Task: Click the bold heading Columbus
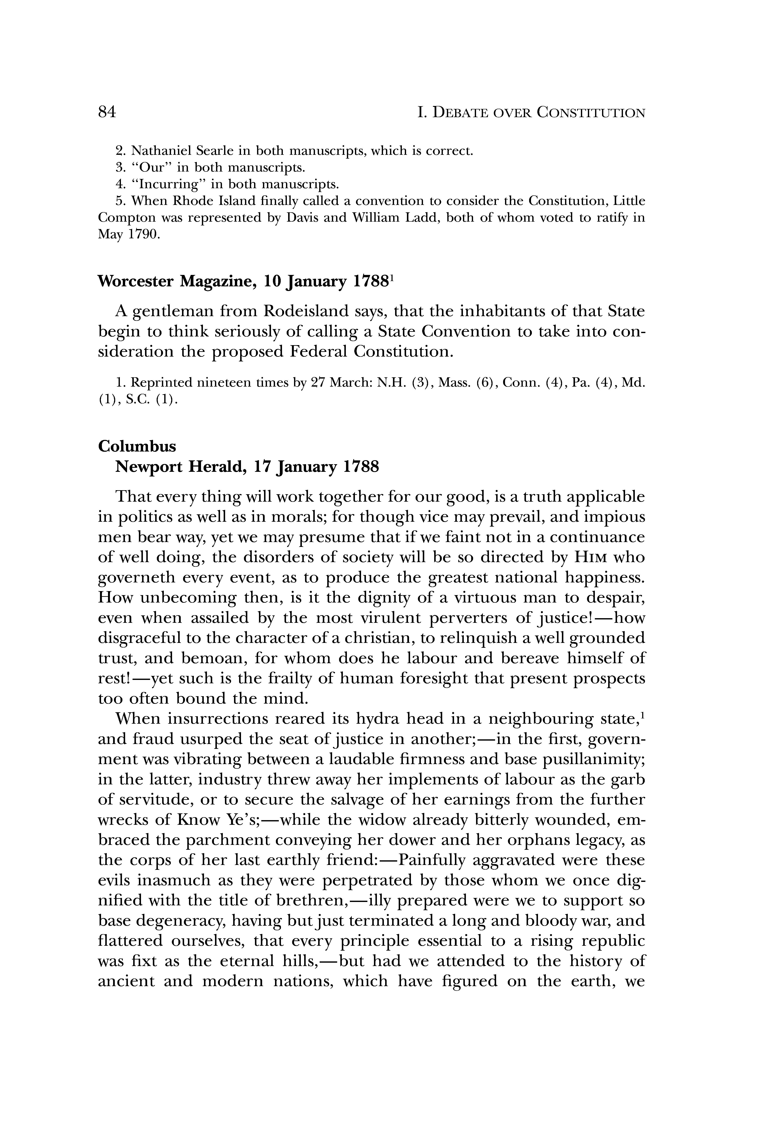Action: tap(137, 446)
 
